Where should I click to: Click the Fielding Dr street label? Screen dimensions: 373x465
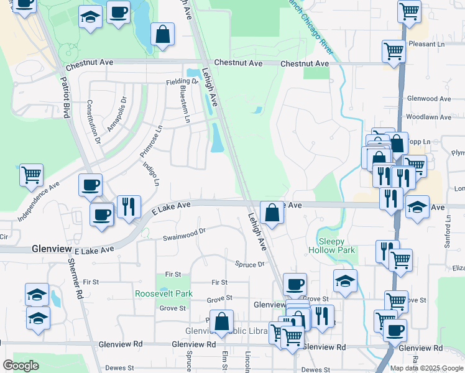click(182, 81)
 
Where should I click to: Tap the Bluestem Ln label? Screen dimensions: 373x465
click(183, 103)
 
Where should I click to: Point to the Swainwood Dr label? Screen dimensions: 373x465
click(184, 237)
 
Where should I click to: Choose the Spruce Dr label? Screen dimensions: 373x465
click(250, 264)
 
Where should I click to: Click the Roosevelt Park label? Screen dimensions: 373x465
click(164, 293)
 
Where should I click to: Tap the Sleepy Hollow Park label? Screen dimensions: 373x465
click(336, 246)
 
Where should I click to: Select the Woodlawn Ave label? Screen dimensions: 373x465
click(428, 117)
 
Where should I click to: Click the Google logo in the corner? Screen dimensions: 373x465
click(21, 366)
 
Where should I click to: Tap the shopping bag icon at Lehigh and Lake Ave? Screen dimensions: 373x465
click(272, 213)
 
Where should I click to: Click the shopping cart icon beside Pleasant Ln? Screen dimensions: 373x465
click(394, 52)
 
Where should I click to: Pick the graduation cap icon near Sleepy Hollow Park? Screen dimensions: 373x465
click(345, 281)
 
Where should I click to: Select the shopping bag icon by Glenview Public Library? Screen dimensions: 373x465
click(221, 321)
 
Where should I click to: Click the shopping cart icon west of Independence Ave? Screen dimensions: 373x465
click(31, 175)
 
